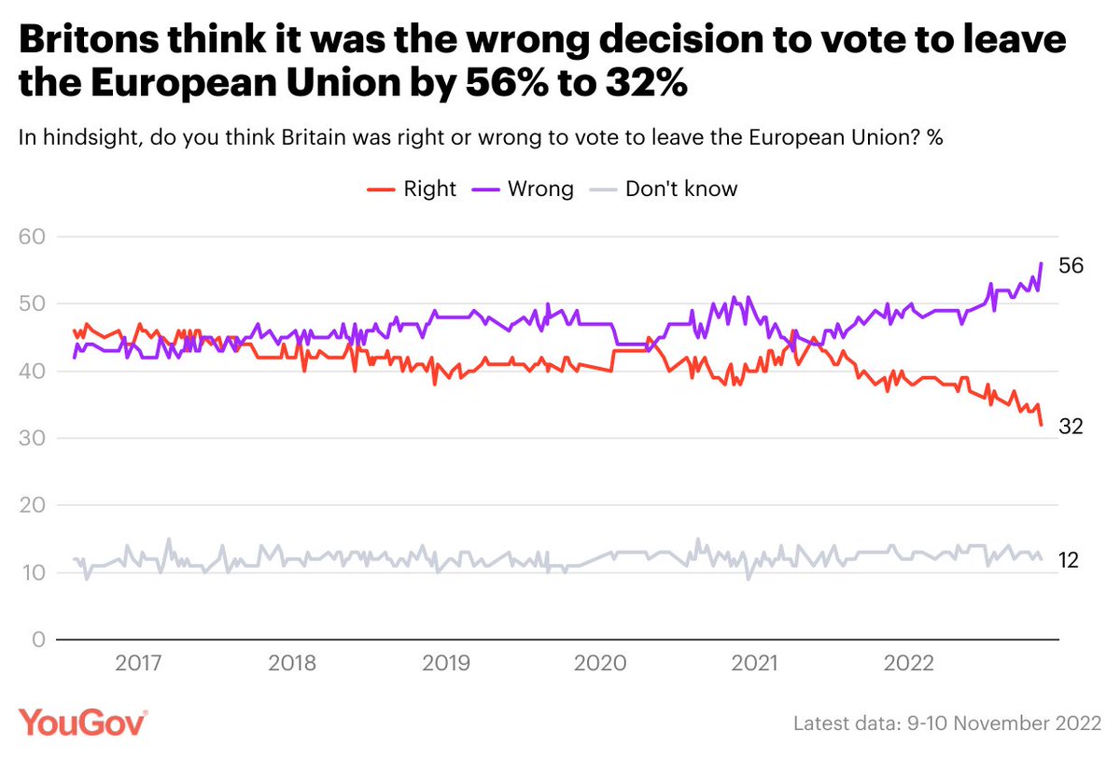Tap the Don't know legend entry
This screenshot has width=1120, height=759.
(x=666, y=189)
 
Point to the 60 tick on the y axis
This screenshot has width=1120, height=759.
(x=33, y=237)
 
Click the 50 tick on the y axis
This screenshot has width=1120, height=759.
(x=33, y=304)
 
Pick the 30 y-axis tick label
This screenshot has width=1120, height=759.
(x=33, y=439)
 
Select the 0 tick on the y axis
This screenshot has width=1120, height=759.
(x=38, y=640)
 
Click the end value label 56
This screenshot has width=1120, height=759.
(x=1070, y=266)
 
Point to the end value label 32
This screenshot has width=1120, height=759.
(x=1070, y=427)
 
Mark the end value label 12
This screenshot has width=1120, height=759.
(x=1070, y=560)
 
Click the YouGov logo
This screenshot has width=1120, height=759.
(x=83, y=722)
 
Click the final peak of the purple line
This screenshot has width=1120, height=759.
(x=1041, y=264)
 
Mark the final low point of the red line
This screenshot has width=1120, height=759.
(x=1042, y=425)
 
